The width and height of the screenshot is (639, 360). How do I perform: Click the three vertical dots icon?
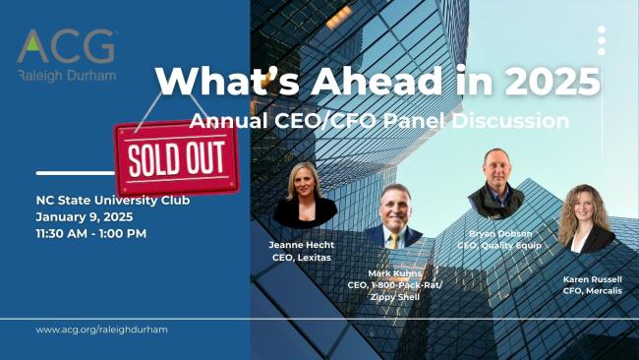click(602, 40)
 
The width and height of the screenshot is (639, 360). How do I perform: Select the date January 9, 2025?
click(84, 216)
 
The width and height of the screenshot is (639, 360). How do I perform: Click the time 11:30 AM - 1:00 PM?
click(90, 233)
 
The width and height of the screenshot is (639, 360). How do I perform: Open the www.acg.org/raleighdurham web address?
click(101, 330)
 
